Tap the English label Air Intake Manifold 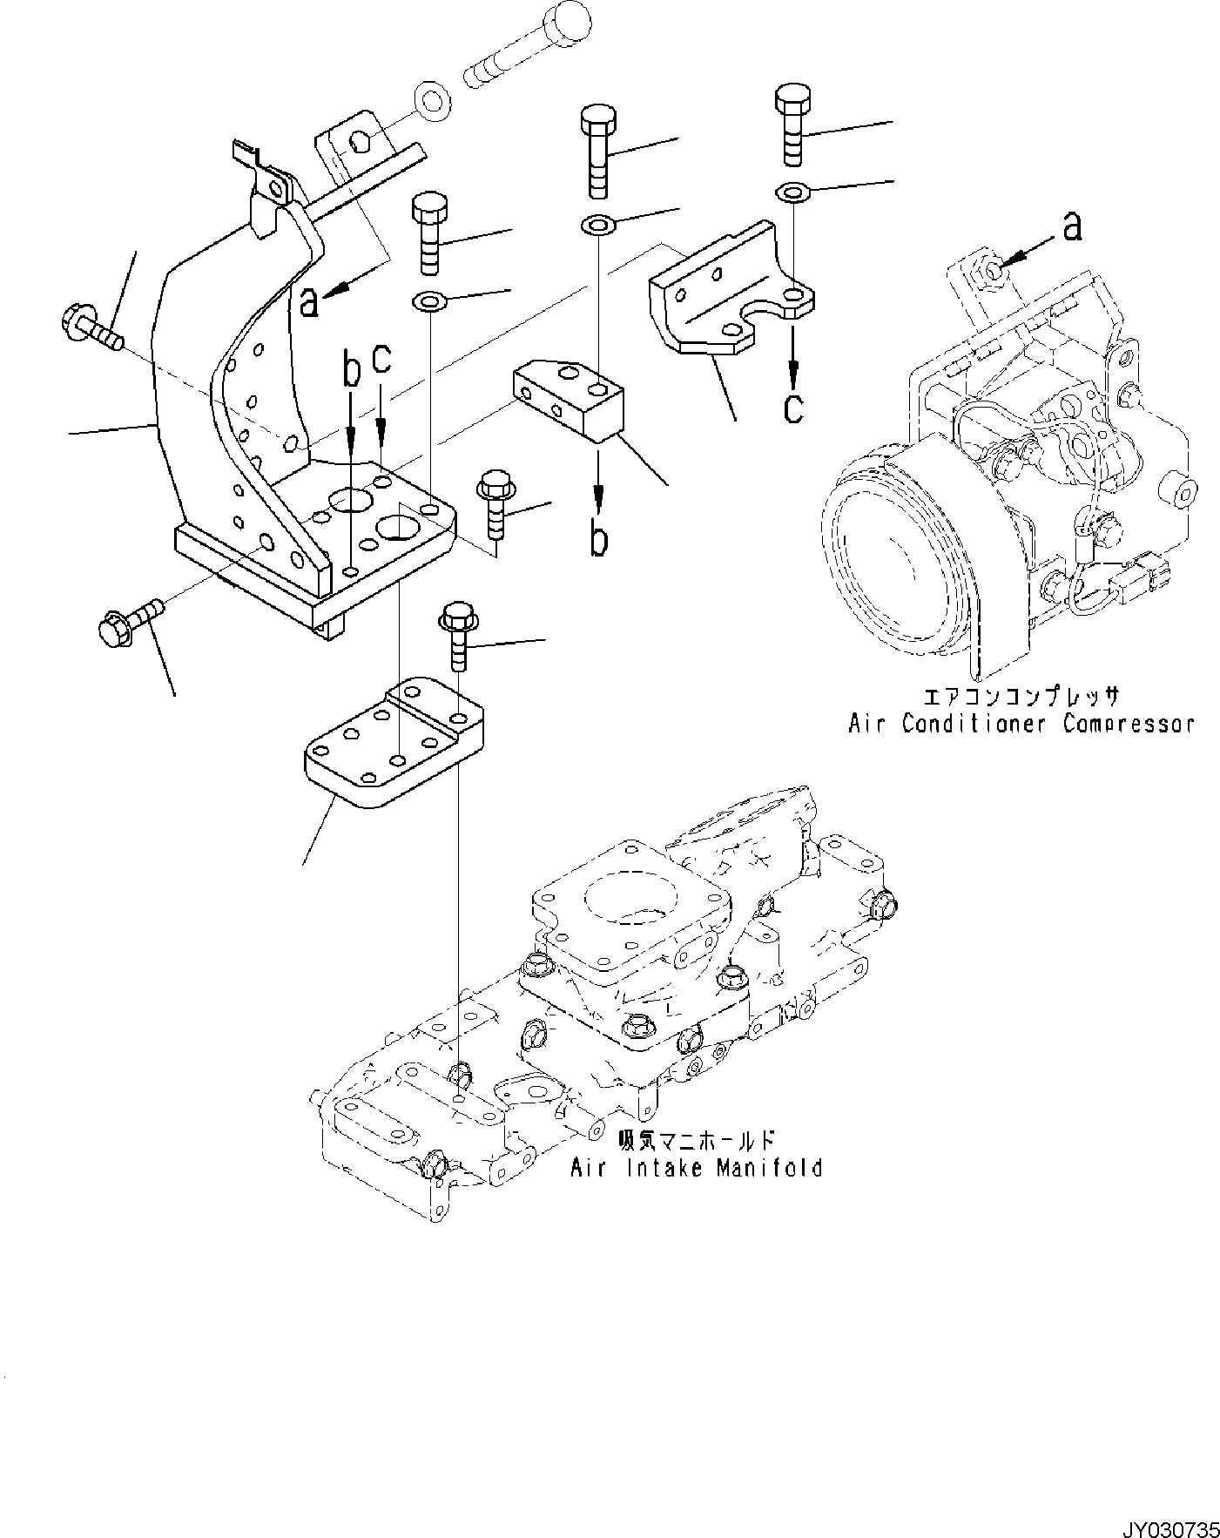pyautogui.click(x=696, y=1168)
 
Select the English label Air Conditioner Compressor pyautogui.click(x=1021, y=724)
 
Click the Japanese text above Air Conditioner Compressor pyautogui.click(x=1020, y=698)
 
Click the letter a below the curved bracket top pyautogui.click(x=308, y=302)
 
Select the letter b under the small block pyautogui.click(x=598, y=538)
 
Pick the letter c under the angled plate pyautogui.click(x=792, y=406)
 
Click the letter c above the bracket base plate pyautogui.click(x=381, y=360)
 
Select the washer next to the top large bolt pyautogui.click(x=432, y=100)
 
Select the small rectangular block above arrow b pyautogui.click(x=570, y=396)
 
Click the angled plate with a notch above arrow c pyautogui.click(x=731, y=296)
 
